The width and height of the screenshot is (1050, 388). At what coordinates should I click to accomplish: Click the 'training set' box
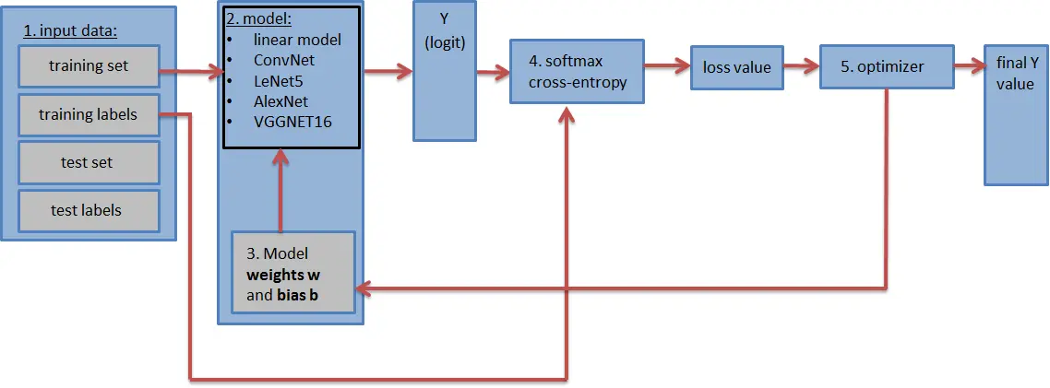[89, 66]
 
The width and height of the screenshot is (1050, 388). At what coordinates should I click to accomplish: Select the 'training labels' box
[89, 115]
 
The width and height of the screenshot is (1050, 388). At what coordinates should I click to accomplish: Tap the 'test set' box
[89, 163]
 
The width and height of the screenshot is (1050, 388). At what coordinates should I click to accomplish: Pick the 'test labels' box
[89, 211]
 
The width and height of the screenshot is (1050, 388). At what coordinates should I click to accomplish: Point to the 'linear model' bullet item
[297, 41]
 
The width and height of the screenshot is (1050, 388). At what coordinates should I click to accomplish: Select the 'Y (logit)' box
[445, 71]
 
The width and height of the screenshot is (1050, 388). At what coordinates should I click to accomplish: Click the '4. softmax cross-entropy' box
[577, 72]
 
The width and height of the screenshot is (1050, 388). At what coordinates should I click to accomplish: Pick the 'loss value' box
[736, 67]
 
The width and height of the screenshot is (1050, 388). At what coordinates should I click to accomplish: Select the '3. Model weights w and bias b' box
[293, 274]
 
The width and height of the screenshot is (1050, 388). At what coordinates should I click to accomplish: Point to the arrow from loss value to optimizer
[800, 65]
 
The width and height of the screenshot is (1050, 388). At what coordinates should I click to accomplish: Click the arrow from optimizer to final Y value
[967, 65]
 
